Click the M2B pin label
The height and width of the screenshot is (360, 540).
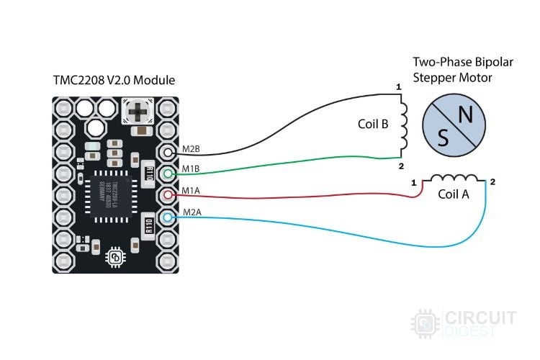[190, 148]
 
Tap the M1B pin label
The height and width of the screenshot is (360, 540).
[190, 169]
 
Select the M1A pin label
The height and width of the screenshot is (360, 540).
[190, 191]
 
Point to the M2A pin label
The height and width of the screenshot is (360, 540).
[190, 212]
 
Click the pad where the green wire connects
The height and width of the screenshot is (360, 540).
[168, 174]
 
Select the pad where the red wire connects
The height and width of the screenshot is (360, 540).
[168, 195]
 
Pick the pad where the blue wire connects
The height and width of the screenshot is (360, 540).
[168, 217]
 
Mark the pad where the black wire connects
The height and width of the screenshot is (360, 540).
[168, 153]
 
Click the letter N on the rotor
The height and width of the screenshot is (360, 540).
[466, 114]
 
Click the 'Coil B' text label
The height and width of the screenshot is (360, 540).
[373, 124]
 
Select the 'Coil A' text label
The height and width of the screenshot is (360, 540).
[453, 194]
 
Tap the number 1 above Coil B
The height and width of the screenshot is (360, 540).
[398, 87]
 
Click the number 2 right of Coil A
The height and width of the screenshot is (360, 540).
[492, 182]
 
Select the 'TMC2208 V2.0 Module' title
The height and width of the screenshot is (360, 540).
[114, 79]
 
